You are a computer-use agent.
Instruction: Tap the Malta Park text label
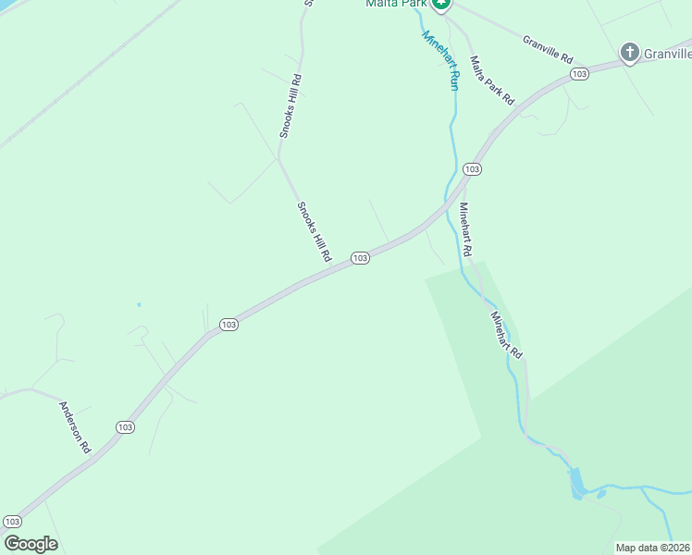point(395,4)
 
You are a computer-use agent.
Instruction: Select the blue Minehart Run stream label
point(440,60)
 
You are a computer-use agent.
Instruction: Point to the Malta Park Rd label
point(491,80)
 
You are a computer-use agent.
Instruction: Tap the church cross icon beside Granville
point(630,53)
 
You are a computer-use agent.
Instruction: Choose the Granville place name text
point(668,54)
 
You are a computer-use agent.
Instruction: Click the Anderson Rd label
point(75,426)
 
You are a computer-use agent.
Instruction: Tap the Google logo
point(31,544)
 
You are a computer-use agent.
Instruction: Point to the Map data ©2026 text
point(652,548)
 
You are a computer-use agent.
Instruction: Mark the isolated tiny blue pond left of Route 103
point(139,304)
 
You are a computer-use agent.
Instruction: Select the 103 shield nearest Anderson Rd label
point(126,426)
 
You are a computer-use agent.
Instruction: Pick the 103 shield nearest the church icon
point(579,73)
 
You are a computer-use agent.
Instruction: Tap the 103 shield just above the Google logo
point(12,522)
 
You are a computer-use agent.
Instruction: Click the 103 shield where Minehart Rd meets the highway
point(472,169)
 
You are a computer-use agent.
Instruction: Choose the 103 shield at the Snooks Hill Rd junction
point(360,258)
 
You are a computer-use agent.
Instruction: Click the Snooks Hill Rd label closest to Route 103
point(314,232)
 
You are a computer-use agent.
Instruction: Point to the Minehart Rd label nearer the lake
point(507,335)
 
